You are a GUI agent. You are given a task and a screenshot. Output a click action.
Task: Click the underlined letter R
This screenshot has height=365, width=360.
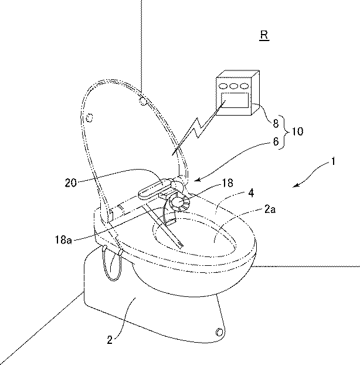click(x=264, y=35)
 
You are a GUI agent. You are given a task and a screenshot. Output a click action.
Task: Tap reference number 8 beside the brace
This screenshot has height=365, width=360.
click(x=276, y=123)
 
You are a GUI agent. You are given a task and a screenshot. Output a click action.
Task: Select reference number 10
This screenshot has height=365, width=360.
click(x=297, y=131)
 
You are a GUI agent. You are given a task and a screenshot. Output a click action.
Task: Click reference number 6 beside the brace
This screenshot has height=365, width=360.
click(x=276, y=141)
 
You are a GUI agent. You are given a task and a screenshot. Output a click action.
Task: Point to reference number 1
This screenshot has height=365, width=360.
click(x=333, y=161)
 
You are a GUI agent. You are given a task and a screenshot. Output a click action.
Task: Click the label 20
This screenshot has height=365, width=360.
click(x=71, y=182)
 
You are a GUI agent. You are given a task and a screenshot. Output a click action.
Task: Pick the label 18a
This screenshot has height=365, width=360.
click(x=63, y=239)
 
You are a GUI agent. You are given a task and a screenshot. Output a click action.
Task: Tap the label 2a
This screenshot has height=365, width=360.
click(x=270, y=209)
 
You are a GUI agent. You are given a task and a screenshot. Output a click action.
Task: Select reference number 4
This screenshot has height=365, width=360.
click(x=251, y=193)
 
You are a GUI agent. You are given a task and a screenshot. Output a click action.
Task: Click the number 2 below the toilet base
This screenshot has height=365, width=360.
click(x=110, y=340)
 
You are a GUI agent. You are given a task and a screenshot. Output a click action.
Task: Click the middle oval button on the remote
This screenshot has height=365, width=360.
click(x=233, y=86)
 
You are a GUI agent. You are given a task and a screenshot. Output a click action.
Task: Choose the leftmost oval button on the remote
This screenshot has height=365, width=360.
click(x=223, y=86)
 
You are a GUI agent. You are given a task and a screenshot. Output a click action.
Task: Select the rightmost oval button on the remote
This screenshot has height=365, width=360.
click(x=244, y=86)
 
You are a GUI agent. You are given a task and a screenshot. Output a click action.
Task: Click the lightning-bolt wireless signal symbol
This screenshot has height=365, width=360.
click(x=198, y=128)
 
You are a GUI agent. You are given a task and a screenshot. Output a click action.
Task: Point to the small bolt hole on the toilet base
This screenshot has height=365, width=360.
click(x=219, y=332)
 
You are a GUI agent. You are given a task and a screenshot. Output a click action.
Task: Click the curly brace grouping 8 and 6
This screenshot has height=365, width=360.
click(x=284, y=132)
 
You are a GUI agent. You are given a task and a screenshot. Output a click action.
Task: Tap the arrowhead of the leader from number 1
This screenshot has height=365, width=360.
click(x=294, y=186)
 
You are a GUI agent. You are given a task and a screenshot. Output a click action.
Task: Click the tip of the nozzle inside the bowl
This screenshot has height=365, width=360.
click(x=181, y=245)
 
